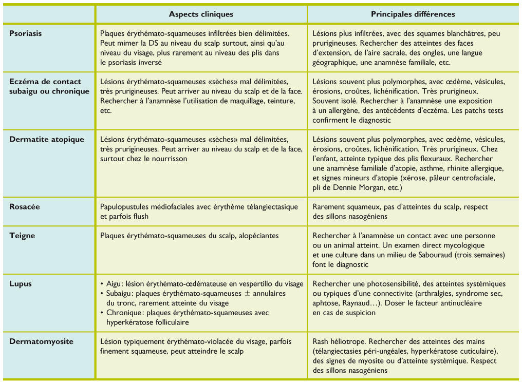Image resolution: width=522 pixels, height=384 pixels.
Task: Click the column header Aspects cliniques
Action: pyautogui.click(x=201, y=14)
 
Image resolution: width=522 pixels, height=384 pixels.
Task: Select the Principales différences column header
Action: pyautogui.click(x=413, y=14)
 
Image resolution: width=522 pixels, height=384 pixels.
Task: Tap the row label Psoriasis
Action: pyautogui.click(x=26, y=33)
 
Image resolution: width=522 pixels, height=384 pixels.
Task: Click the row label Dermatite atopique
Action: pyautogui.click(x=47, y=139)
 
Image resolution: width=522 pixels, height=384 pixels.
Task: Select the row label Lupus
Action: pyautogui.click(x=21, y=284)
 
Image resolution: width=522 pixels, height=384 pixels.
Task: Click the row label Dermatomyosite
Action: pyautogui.click(x=42, y=341)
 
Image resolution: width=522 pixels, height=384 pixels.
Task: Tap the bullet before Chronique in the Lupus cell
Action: pyautogui.click(x=102, y=313)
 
